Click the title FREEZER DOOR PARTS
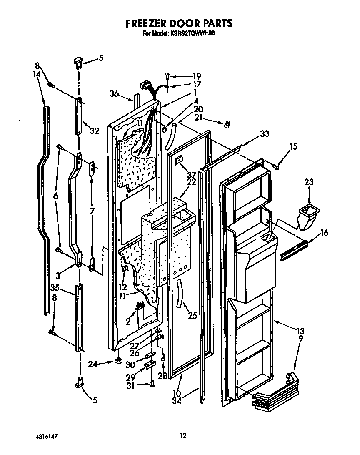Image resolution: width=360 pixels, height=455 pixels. point(179,23)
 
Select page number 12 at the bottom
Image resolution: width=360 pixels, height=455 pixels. point(182,436)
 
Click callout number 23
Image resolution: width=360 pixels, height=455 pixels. point(309,182)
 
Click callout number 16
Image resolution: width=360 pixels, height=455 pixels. point(325,233)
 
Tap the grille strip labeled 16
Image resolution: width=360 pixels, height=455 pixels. point(294,252)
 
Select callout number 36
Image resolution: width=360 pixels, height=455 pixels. point(115,94)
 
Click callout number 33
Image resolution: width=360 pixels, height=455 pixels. point(265,134)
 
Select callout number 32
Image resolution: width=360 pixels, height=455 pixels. point(94,131)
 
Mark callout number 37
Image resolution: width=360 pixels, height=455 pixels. point(191,174)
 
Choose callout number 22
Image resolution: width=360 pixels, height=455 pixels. point(191,182)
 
